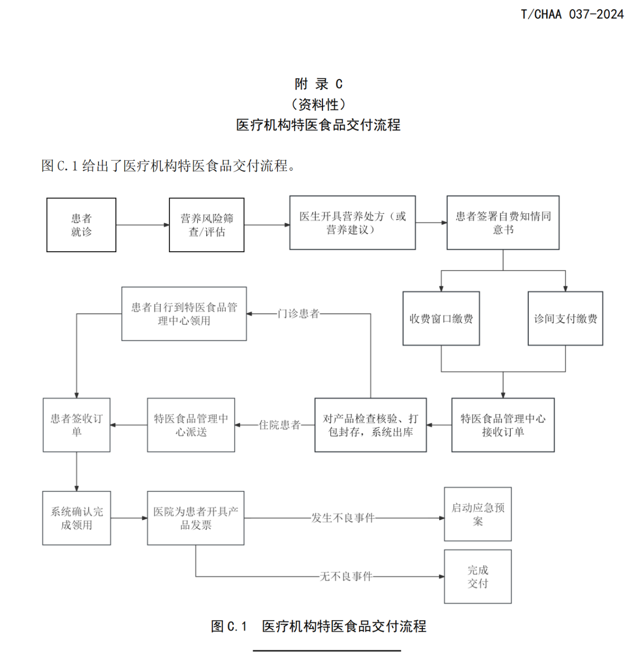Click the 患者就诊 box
(x=81, y=225)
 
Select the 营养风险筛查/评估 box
(x=207, y=225)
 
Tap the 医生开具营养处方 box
(x=352, y=223)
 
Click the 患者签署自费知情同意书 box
(x=503, y=223)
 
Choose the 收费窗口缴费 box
(x=441, y=318)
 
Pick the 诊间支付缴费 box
(x=565, y=318)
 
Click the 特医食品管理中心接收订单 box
(x=503, y=425)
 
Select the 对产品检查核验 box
(x=371, y=425)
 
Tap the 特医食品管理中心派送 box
(x=191, y=425)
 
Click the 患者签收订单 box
(x=77, y=425)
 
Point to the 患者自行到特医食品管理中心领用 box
(x=184, y=314)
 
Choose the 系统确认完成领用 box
(x=77, y=518)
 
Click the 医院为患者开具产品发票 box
(x=195, y=518)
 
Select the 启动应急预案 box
(x=477, y=514)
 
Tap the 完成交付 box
(x=477, y=576)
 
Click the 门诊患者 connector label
(x=299, y=314)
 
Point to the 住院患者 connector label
(x=280, y=425)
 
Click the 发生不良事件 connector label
(x=343, y=518)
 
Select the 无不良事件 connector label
(x=346, y=576)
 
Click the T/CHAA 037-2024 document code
(x=572, y=14)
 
